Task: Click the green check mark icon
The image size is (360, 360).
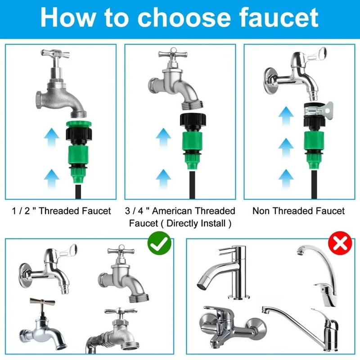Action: click(x=159, y=243)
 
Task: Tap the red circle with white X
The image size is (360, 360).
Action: click(x=340, y=243)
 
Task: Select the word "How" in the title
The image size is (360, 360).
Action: click(x=68, y=18)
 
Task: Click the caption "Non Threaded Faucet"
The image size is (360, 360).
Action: click(x=298, y=211)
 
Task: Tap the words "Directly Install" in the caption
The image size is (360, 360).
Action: click(x=196, y=223)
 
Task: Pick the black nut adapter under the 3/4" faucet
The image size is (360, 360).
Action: click(x=193, y=122)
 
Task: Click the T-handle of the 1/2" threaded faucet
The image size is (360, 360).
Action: click(x=55, y=54)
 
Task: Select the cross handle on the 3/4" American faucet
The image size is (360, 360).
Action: click(x=173, y=54)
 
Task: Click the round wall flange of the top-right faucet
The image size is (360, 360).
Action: click(x=269, y=81)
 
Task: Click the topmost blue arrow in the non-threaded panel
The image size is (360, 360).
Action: click(x=286, y=116)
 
